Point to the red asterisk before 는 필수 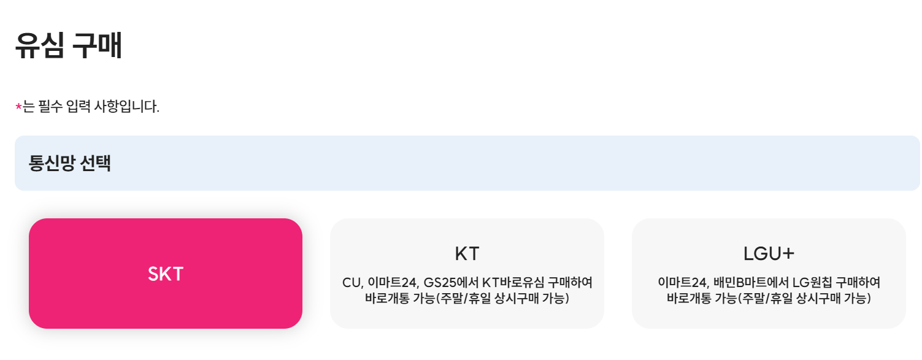pyautogui.click(x=18, y=108)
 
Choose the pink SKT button pyautogui.click(x=166, y=274)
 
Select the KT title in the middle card pyautogui.click(x=467, y=254)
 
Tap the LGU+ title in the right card pyautogui.click(x=769, y=254)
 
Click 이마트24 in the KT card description pyautogui.click(x=393, y=283)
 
